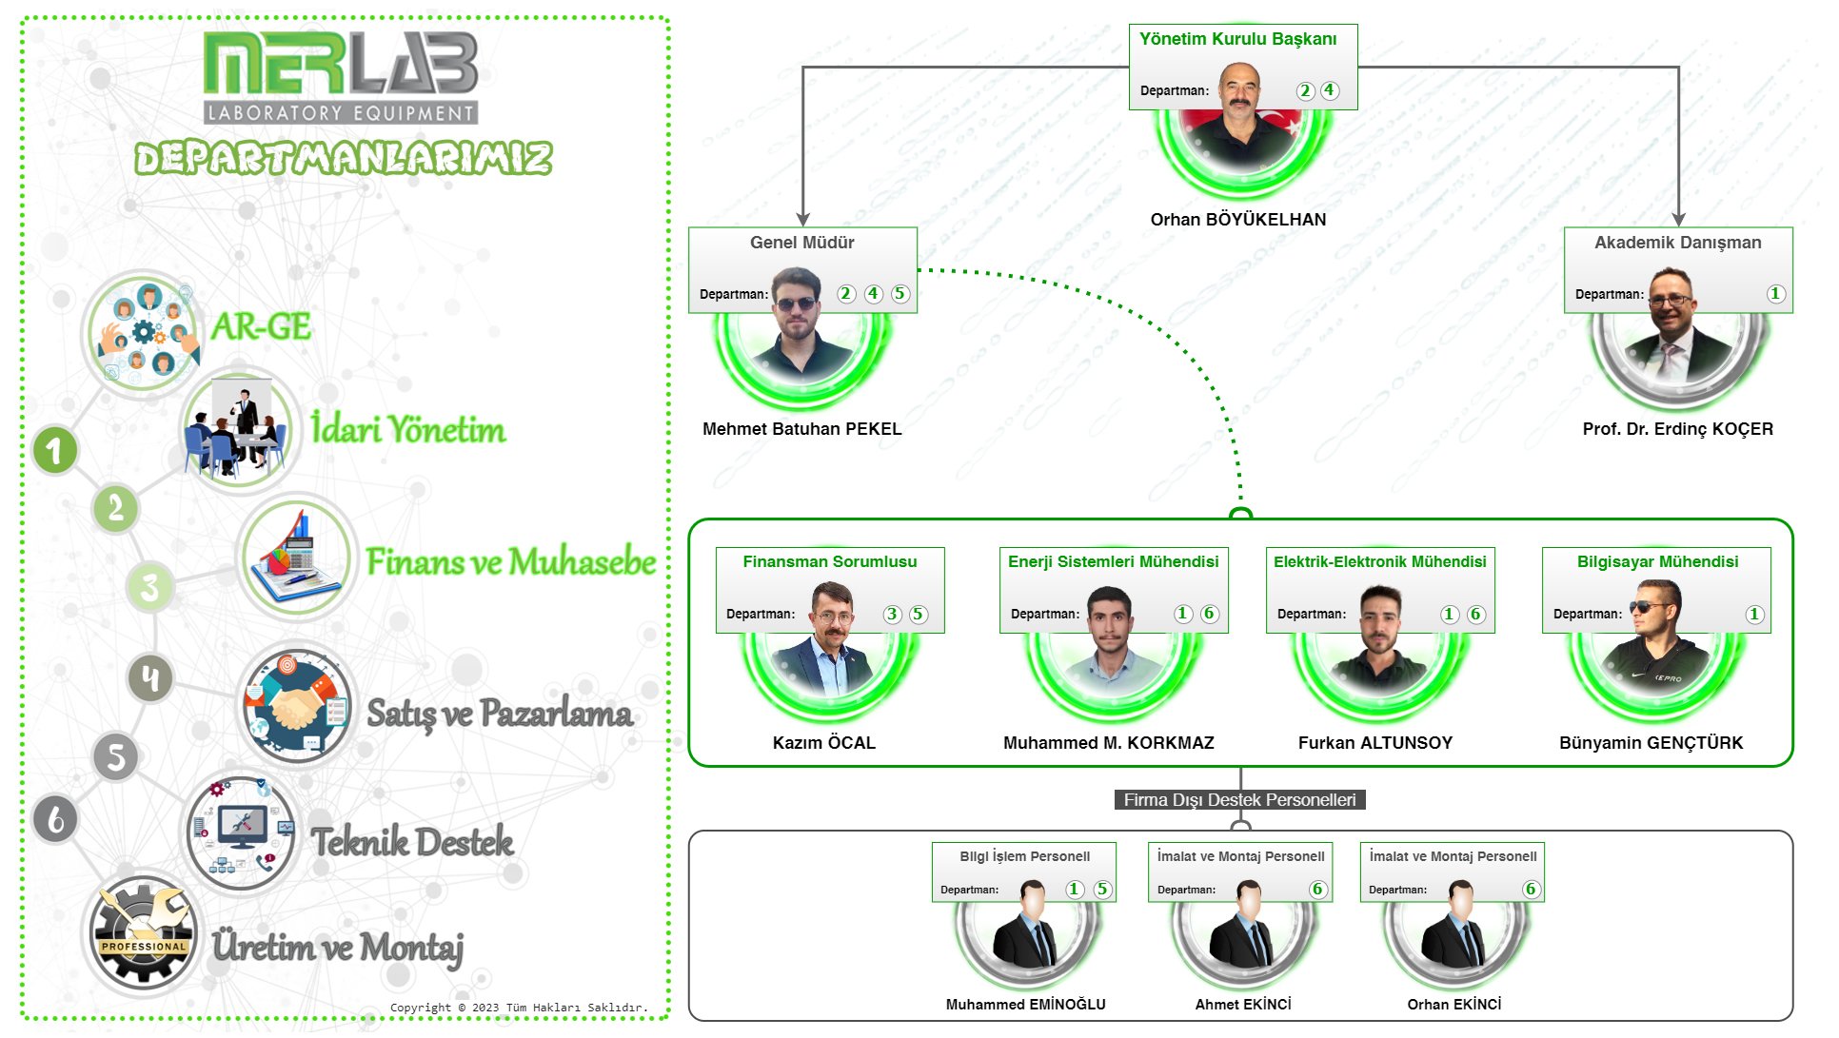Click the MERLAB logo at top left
[x=341, y=76]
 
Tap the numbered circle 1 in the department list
[x=55, y=451]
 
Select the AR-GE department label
[x=261, y=326]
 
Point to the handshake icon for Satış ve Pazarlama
[x=296, y=707]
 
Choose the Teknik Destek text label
[x=412, y=842]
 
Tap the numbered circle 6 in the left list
[x=55, y=819]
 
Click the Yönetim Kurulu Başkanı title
[x=1237, y=39]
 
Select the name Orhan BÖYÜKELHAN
[x=1237, y=220]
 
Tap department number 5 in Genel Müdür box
[x=900, y=294]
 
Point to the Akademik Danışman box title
[x=1677, y=243]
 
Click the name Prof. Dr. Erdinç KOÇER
[x=1677, y=429]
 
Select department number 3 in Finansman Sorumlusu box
[x=892, y=614]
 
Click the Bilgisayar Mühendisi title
[x=1657, y=561]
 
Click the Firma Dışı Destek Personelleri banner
[x=1239, y=800]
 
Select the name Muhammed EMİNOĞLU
[x=1025, y=1005]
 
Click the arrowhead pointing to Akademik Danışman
[x=1678, y=220]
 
